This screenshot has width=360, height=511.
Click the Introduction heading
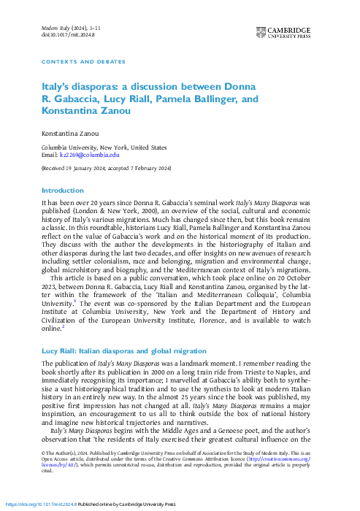[x=64, y=190]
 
